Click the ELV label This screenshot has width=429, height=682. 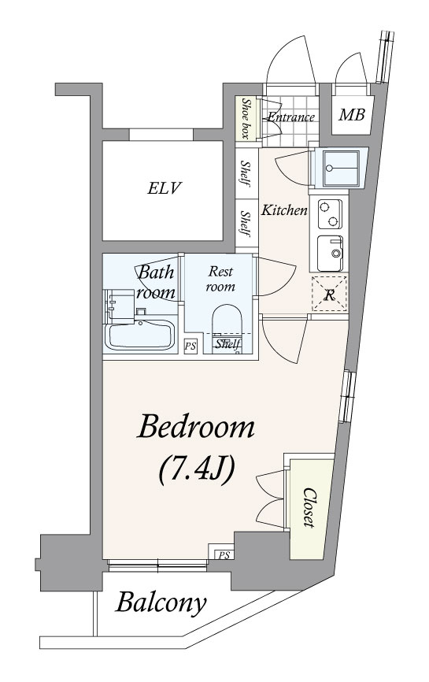[164, 188]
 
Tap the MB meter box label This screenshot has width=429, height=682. [352, 114]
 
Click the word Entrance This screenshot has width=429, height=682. [290, 117]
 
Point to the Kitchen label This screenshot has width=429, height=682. [284, 210]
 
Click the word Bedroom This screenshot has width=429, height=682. [195, 428]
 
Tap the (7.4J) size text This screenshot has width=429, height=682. [197, 471]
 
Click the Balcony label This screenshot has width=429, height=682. [161, 603]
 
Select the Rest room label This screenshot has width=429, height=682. [221, 279]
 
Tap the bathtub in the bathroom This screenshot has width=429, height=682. [139, 334]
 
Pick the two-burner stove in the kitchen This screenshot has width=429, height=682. [330, 214]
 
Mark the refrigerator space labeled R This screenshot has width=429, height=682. [330, 295]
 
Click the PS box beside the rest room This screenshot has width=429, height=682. [190, 347]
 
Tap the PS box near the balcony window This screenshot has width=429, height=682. [223, 554]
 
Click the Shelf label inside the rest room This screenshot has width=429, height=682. [227, 344]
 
